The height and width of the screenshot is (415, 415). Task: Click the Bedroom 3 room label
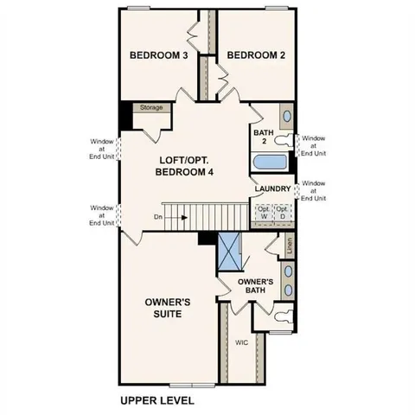[159, 55]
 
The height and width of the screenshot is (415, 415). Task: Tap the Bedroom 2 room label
[256, 55]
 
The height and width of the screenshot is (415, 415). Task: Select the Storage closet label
[151, 108]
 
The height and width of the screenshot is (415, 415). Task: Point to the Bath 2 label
[263, 137]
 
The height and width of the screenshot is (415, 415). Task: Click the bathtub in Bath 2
[271, 163]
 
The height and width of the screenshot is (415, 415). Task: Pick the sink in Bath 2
[285, 117]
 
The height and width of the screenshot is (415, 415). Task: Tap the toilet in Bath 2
[285, 140]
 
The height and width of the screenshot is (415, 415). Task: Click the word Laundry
[271, 188]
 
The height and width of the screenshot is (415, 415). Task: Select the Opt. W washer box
[262, 213]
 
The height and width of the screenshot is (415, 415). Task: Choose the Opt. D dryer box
[282, 213]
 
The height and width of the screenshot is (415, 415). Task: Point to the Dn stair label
[156, 218]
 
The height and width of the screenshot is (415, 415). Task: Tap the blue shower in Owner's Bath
[229, 253]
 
